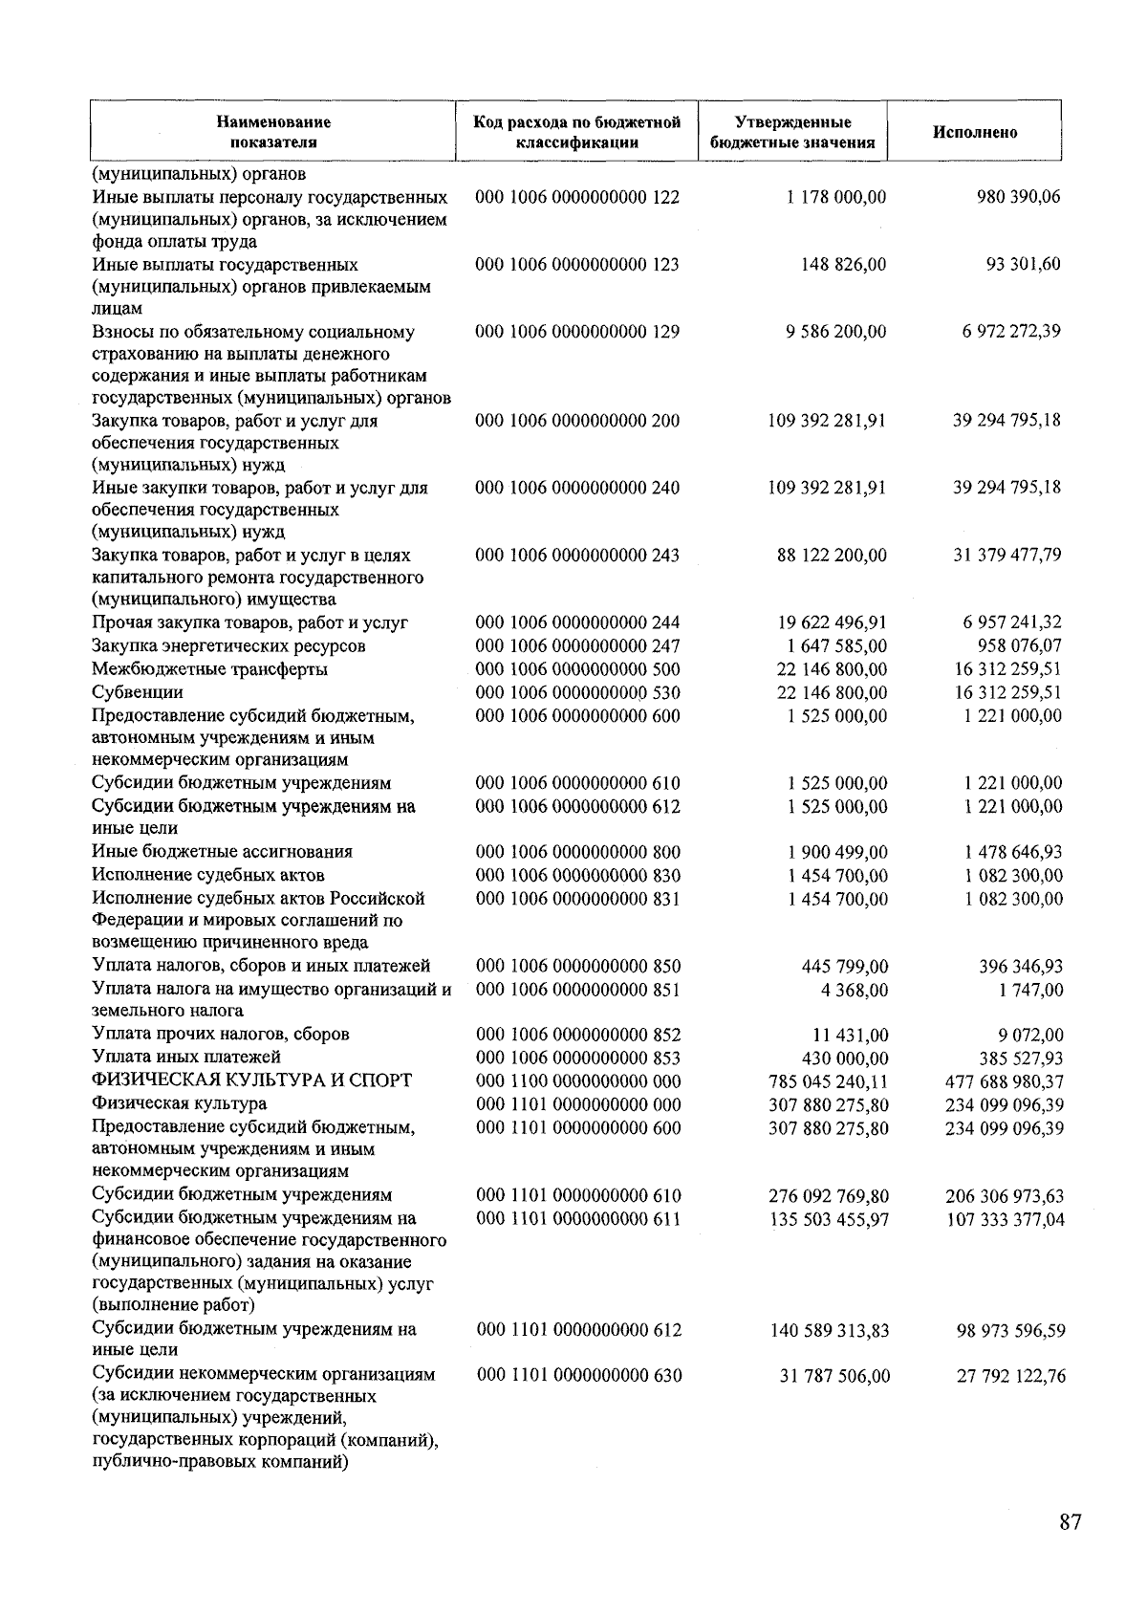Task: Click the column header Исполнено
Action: (975, 133)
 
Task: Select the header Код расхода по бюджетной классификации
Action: (577, 133)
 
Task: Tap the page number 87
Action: (1070, 1522)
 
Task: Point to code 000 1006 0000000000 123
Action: (577, 264)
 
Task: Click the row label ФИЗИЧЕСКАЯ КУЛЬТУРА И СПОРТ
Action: (252, 1080)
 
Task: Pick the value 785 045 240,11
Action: (828, 1081)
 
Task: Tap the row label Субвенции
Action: (138, 692)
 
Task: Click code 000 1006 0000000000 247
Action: (577, 646)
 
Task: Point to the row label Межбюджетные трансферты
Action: (209, 669)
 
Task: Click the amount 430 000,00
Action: (844, 1058)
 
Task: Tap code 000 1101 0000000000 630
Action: (578, 1375)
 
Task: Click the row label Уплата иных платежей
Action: (186, 1058)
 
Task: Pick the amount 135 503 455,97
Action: (828, 1219)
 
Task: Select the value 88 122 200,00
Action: (832, 555)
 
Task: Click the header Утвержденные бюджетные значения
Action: (792, 133)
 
